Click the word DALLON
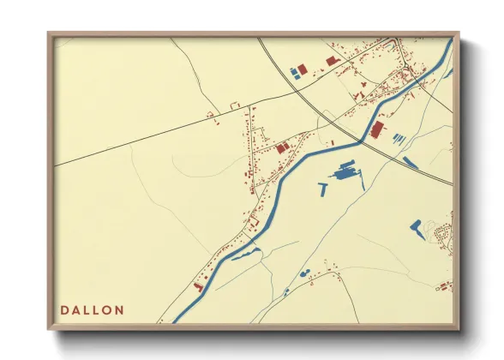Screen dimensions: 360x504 coord(92,309)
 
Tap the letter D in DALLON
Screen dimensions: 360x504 coord(64,309)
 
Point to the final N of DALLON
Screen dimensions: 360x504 coord(119,309)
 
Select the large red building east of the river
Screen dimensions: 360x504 coord(377,129)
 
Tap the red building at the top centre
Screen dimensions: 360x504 coord(332,60)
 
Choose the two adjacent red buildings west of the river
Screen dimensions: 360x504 coord(281,148)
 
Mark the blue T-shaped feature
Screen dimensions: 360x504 coord(323,189)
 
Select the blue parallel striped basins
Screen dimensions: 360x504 coord(398,138)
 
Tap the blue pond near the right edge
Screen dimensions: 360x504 coord(416,227)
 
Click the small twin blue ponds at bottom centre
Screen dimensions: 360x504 coord(304,274)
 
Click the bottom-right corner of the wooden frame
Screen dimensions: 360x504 coord(459,328)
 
